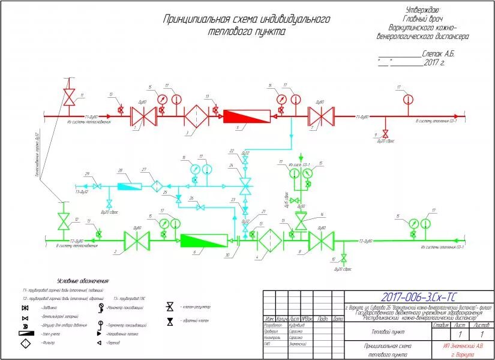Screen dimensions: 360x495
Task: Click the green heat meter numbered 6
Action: pos(204,240)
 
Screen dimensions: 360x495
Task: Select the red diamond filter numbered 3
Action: pos(196,115)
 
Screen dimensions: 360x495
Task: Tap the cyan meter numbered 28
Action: pos(128,186)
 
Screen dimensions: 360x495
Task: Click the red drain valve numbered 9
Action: pos(386,132)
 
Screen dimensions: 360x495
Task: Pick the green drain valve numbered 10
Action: pos(344,258)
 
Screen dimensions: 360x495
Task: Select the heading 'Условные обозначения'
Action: pos(82,281)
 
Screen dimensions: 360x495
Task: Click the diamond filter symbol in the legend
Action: pos(26,343)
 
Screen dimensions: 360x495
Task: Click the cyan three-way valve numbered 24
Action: pos(244,183)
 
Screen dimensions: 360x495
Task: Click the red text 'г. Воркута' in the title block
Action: pos(464,354)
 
